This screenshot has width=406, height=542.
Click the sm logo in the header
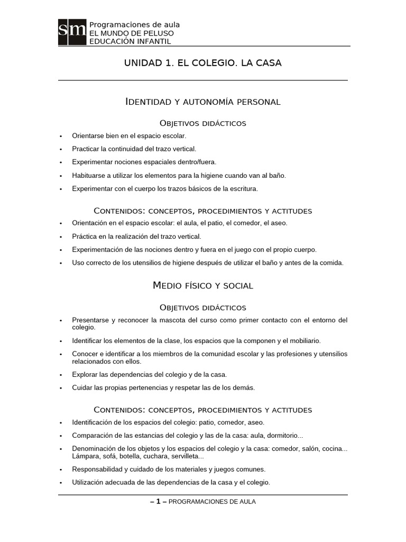pyautogui.click(x=72, y=32)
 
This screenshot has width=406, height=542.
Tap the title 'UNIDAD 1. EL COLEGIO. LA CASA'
pyautogui.click(x=202, y=63)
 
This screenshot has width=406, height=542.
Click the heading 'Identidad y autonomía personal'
pyautogui.click(x=202, y=102)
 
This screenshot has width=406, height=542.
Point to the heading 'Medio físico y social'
pyautogui.click(x=202, y=286)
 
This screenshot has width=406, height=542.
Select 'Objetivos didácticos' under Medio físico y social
pyautogui.click(x=202, y=308)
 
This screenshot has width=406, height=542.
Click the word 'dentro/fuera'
pyautogui.click(x=196, y=162)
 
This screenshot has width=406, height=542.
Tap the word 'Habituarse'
pyautogui.click(x=89, y=175)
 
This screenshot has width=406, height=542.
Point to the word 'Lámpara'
pyautogui.click(x=85, y=456)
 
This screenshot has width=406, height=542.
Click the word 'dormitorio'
pyautogui.click(x=284, y=436)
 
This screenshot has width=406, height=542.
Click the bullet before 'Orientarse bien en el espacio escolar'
pyautogui.click(x=61, y=136)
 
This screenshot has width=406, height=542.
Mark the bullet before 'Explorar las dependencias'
pyautogui.click(x=61, y=375)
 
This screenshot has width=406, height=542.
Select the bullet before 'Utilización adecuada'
pyautogui.click(x=61, y=483)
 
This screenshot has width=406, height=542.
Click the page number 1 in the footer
pyautogui.click(x=158, y=502)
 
